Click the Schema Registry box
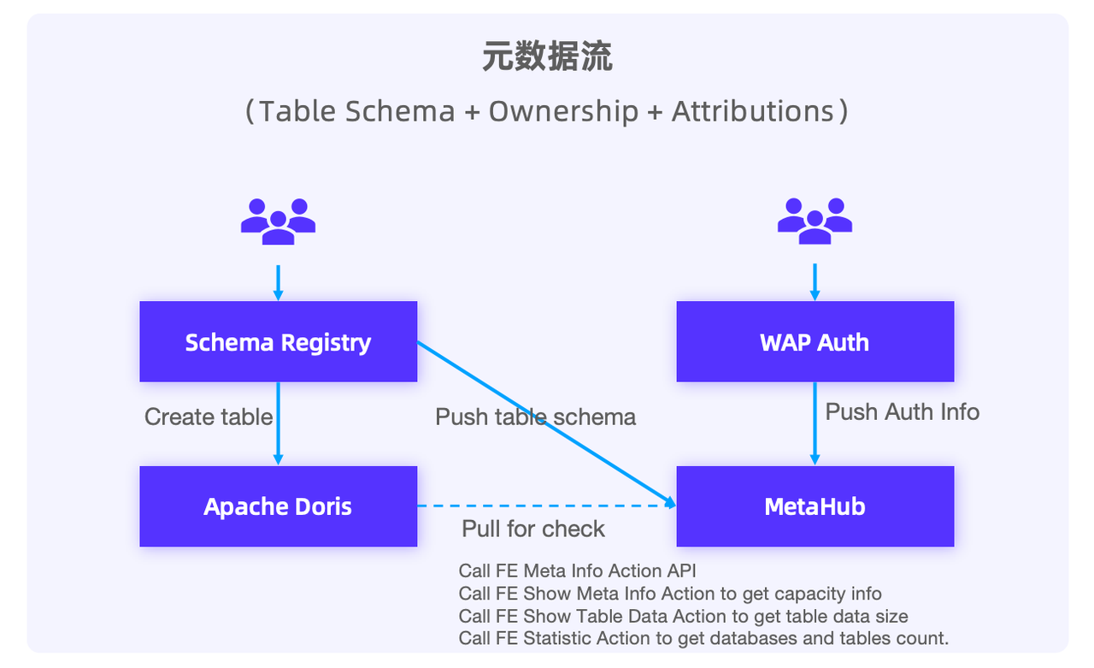[278, 341]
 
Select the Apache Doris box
[278, 506]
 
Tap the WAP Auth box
[815, 341]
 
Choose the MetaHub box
[815, 506]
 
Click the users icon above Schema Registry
[278, 222]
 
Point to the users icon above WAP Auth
[815, 222]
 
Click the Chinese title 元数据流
[547, 58]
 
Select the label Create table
[209, 417]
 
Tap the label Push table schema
[536, 417]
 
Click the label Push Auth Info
[902, 411]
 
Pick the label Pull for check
[533, 529]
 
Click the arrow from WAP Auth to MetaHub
[815, 445]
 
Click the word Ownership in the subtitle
[563, 111]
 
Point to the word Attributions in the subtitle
[753, 111]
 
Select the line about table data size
[683, 616]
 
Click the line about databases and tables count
[703, 638]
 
